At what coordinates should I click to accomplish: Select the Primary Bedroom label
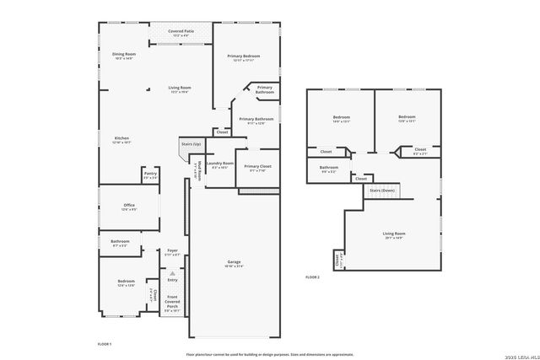coord(243,57)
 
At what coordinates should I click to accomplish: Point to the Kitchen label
coord(121,139)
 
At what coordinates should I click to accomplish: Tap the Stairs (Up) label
coord(192,144)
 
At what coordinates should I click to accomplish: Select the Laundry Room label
coord(220,164)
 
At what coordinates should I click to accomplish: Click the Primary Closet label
coord(257,168)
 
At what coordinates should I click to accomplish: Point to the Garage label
coord(233,264)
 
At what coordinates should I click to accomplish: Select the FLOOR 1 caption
coord(105,344)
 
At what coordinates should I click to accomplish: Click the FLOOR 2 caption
coord(312,277)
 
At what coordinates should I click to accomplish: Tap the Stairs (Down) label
coord(382,191)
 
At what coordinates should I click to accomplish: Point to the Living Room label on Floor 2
coord(394,234)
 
